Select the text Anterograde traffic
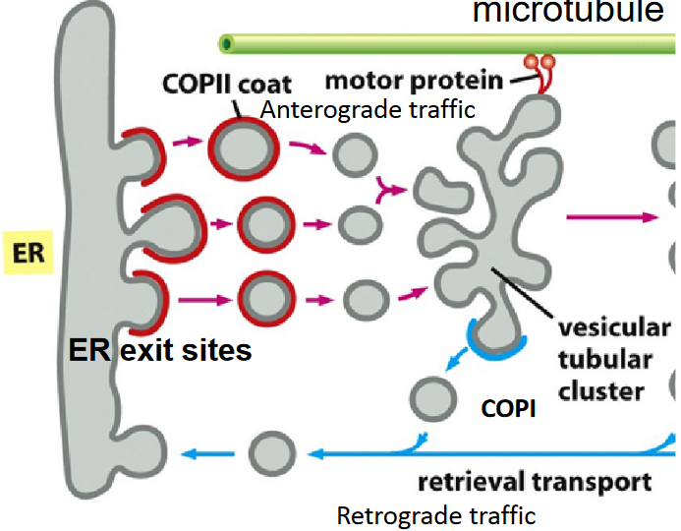[x=368, y=111]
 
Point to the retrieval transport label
[x=535, y=482]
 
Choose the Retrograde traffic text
[x=436, y=515]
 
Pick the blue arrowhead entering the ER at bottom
[x=193, y=453]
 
